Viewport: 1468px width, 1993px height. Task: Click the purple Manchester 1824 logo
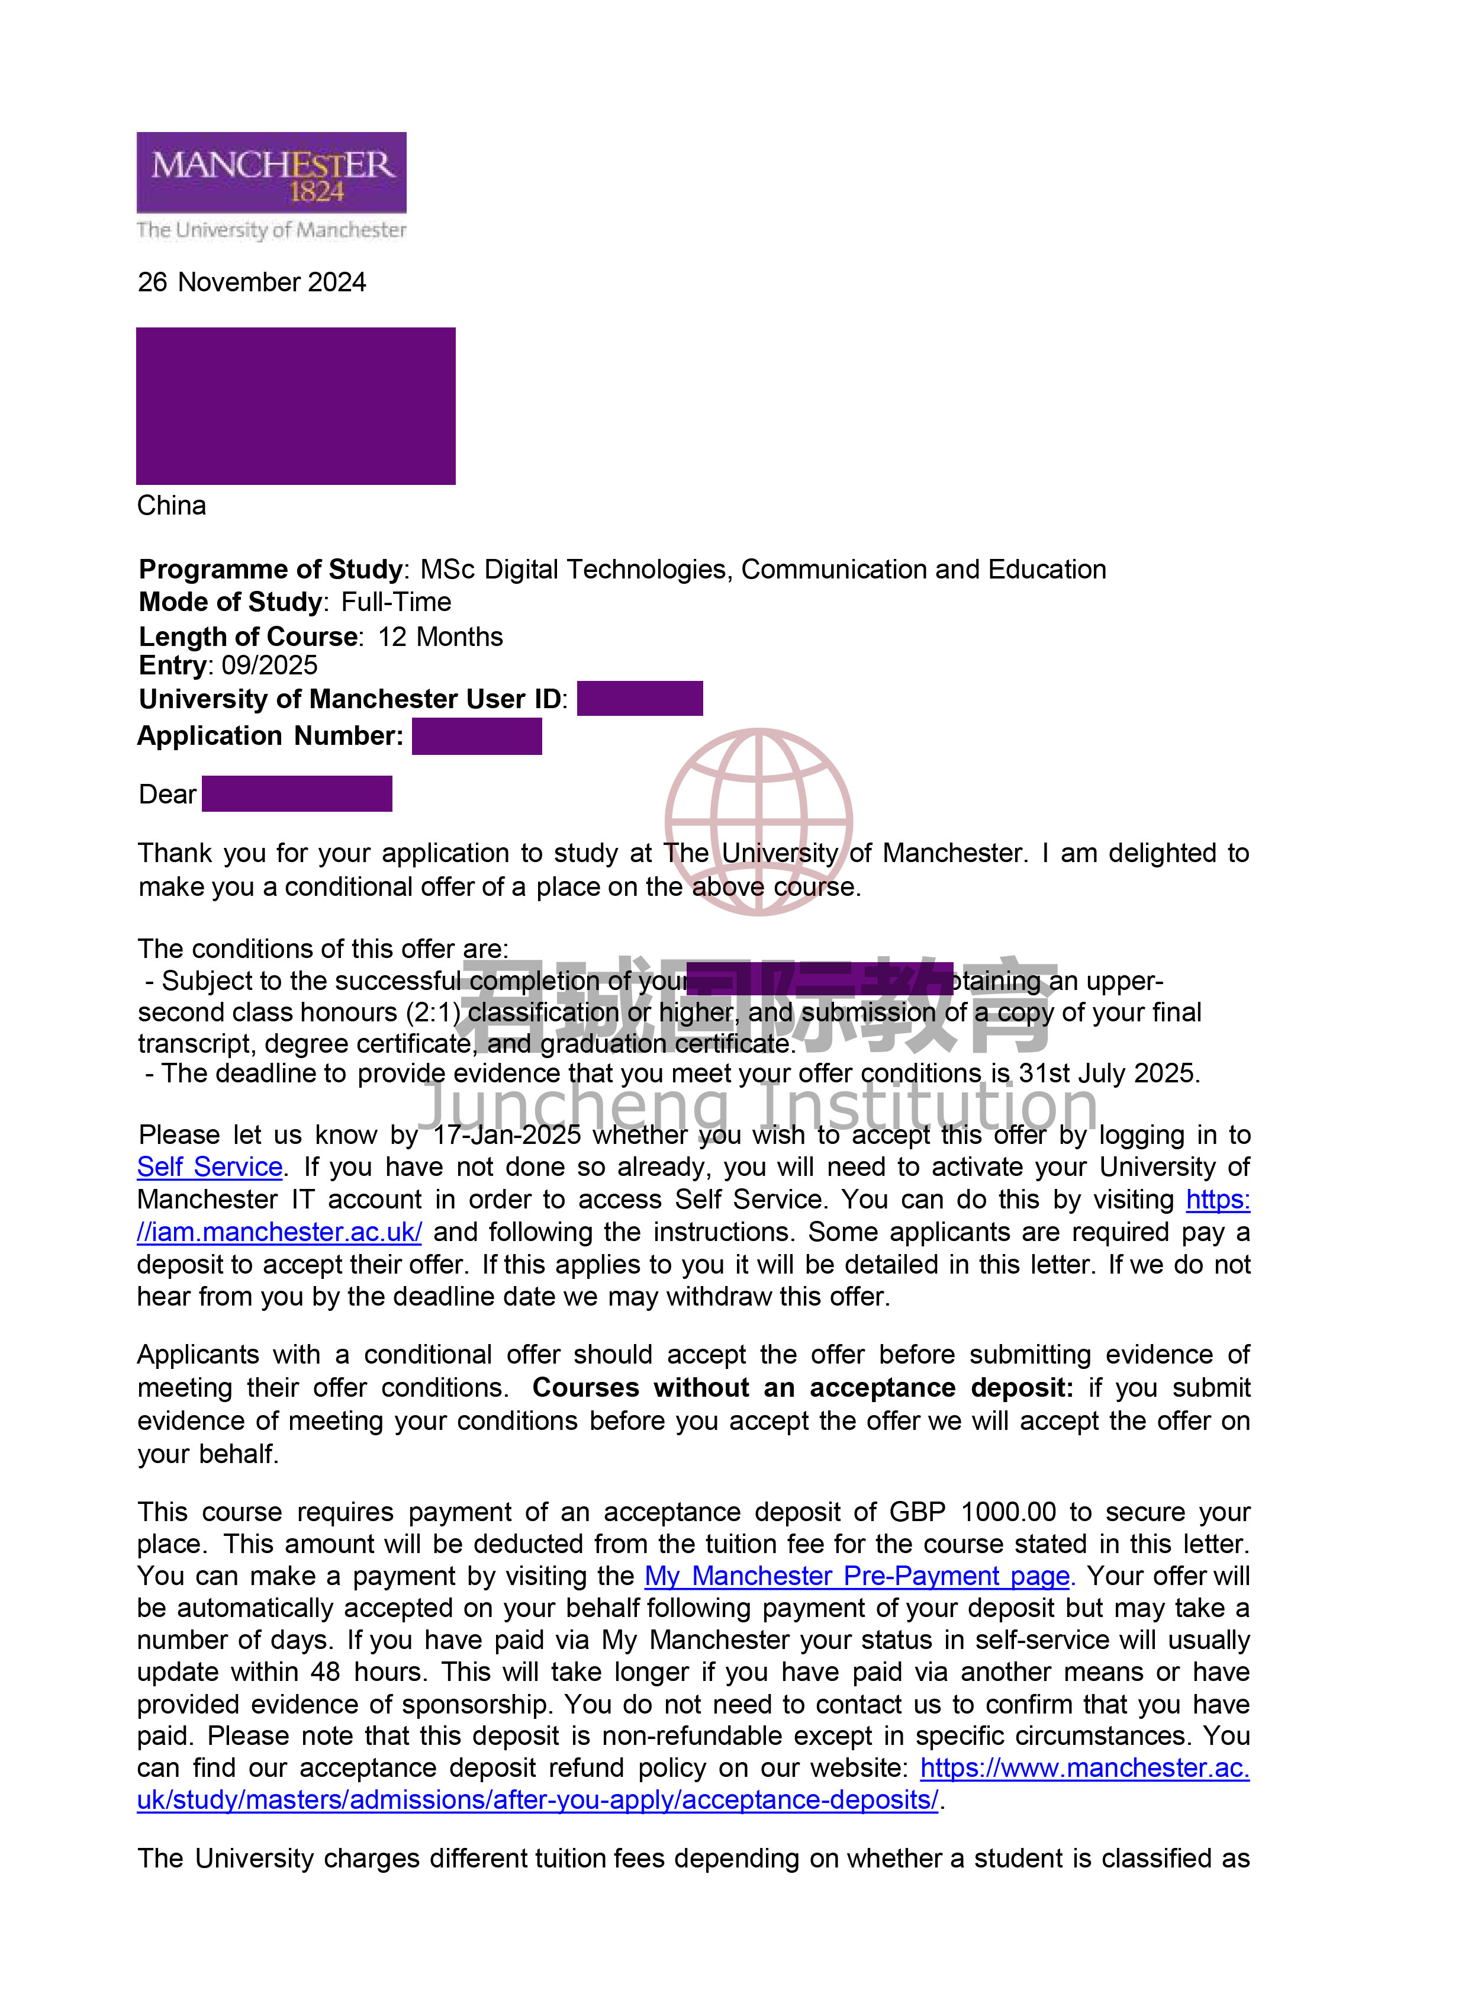coord(271,172)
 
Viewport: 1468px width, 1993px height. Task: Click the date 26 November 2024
coord(252,282)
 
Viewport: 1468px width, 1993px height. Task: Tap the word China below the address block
coord(172,506)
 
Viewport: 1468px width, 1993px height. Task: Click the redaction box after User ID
coord(640,699)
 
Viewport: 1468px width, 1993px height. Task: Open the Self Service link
coord(210,1166)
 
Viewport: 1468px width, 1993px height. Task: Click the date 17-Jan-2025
coord(507,1134)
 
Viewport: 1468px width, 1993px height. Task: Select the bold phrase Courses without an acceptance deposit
coord(803,1388)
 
